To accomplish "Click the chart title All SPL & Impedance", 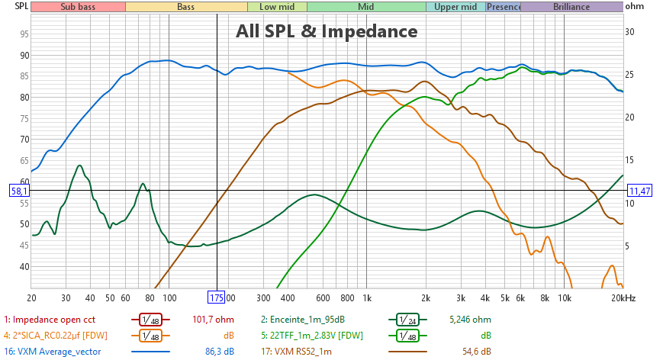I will [x=326, y=31].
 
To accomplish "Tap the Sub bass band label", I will [x=78, y=7].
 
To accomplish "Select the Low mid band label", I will [x=277, y=7].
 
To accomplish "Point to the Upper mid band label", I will [x=455, y=7].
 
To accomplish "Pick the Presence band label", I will [x=504, y=7].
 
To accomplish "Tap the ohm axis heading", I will [x=635, y=7].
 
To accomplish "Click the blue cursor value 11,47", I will [x=639, y=191].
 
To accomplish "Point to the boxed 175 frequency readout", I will [x=217, y=297].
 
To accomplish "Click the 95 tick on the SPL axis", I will [x=24, y=34].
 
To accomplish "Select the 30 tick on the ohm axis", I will [x=630, y=32].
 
